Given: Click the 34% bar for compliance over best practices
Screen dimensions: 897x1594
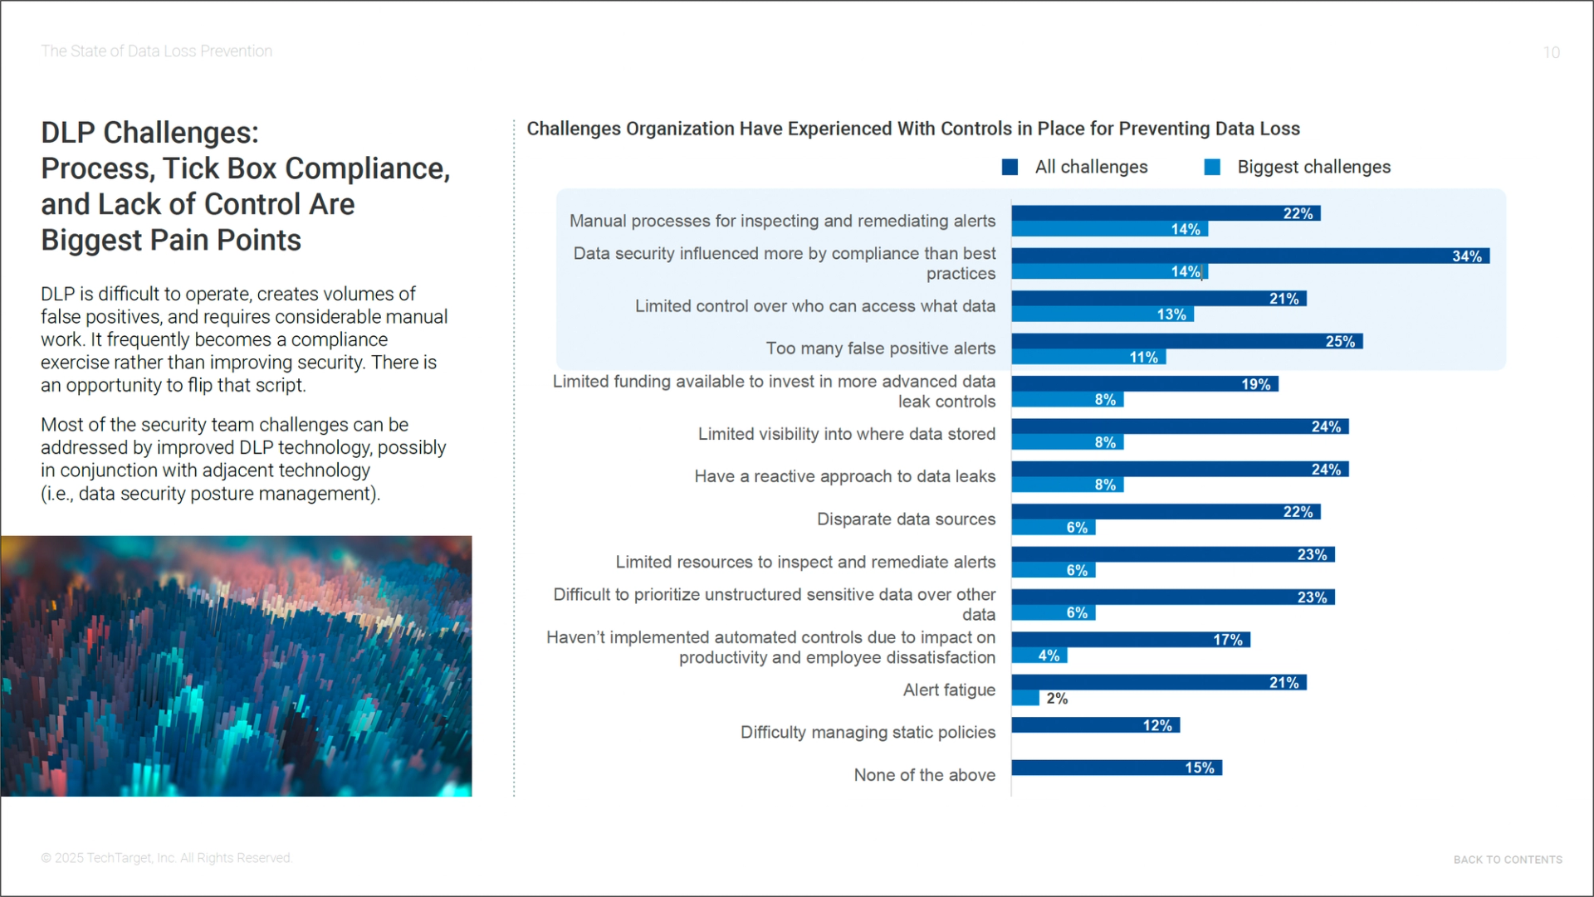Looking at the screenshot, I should (1249, 256).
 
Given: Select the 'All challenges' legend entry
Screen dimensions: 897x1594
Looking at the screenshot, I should (1076, 168).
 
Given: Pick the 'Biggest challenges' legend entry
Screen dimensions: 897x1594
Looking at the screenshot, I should (1298, 168).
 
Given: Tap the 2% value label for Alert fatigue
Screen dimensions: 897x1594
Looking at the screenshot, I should (1057, 699).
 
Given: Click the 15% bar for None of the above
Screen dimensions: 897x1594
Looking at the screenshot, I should (1116, 768).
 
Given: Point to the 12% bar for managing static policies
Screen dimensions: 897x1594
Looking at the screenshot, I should (1095, 726).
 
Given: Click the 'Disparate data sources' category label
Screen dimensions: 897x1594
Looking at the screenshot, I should (906, 519).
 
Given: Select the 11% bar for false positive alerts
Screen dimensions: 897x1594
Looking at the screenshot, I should (1088, 358).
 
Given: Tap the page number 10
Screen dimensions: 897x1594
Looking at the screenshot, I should (1551, 53).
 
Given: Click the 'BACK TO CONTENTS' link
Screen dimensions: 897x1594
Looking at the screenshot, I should (1507, 860).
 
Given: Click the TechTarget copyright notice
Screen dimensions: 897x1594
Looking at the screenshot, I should (166, 858).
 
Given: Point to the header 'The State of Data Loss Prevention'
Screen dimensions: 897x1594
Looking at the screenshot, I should (156, 51).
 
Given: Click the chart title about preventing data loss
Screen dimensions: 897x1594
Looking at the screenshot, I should (913, 129).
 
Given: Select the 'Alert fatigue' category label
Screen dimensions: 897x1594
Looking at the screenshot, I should (949, 690).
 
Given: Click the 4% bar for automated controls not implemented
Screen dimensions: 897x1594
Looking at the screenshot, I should (1039, 656).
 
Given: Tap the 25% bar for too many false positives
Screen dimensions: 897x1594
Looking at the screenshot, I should (1186, 342).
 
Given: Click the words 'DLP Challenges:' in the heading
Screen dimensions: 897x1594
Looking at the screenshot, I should (149, 133).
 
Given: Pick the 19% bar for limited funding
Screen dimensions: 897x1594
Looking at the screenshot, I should (1144, 384).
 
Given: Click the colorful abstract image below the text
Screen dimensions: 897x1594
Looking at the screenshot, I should (236, 666).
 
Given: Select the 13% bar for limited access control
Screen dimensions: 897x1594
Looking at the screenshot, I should (1102, 314).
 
